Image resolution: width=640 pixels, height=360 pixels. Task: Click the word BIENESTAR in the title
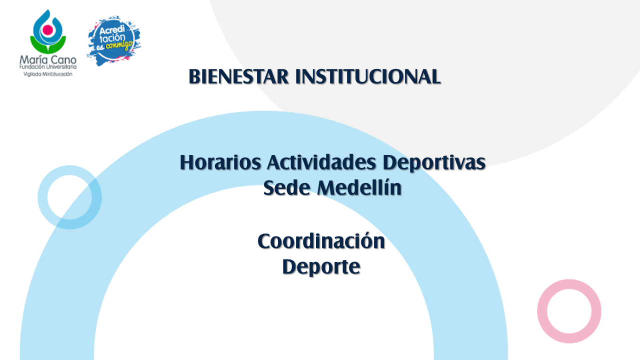click(x=238, y=76)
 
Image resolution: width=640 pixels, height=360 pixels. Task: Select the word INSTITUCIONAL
click(x=368, y=76)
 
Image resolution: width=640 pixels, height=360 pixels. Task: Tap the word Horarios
click(x=220, y=162)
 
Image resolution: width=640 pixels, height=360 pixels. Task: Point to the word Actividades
click(x=321, y=162)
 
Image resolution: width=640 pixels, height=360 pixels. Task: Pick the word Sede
click(x=287, y=187)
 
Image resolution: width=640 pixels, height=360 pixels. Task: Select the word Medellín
click(x=359, y=187)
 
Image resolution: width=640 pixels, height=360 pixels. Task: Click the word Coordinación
click(x=321, y=241)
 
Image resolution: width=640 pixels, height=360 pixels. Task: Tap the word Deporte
click(x=321, y=267)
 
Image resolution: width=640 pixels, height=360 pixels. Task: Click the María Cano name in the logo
click(x=48, y=60)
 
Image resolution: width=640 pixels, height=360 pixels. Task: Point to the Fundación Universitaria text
click(x=48, y=67)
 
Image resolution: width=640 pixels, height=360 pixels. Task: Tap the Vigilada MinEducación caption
click(x=48, y=74)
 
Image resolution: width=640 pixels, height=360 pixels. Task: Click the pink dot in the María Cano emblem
click(x=47, y=29)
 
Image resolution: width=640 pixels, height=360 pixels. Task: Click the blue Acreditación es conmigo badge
click(x=113, y=40)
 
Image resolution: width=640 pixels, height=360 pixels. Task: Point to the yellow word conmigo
click(x=119, y=45)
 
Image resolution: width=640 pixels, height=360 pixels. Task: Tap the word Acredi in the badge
click(x=112, y=29)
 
